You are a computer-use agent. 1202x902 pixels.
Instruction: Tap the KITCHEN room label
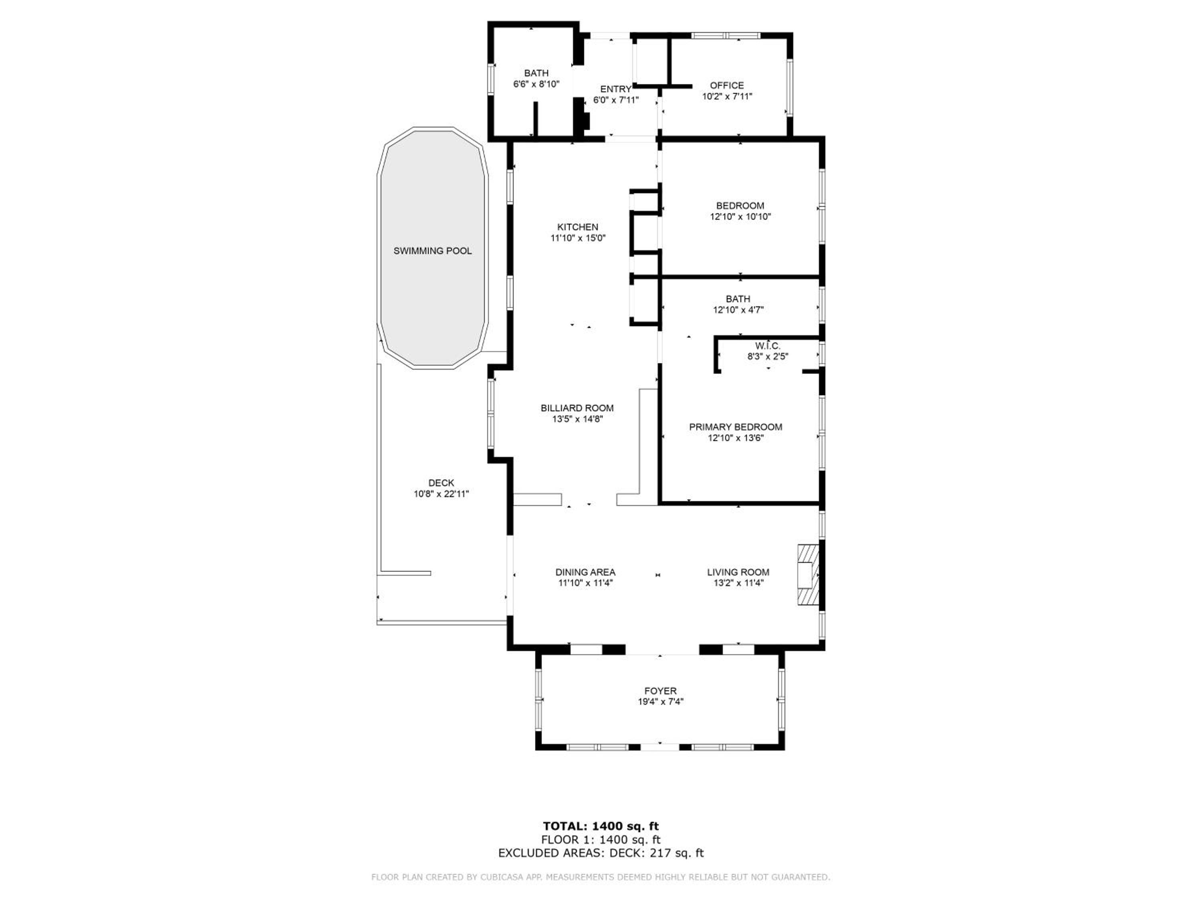(x=578, y=227)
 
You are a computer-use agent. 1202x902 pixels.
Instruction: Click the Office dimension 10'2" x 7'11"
(x=727, y=96)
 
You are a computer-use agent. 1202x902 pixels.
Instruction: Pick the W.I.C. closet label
(x=768, y=346)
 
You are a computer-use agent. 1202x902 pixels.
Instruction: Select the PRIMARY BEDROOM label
(x=736, y=427)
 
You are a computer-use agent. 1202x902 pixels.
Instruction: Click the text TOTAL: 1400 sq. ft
(x=601, y=826)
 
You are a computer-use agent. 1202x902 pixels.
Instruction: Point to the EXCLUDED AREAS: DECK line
(x=601, y=853)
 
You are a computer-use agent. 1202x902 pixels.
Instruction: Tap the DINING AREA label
(x=585, y=572)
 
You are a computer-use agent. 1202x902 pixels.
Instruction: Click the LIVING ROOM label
(x=738, y=572)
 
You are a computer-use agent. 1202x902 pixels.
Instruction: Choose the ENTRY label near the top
(x=616, y=89)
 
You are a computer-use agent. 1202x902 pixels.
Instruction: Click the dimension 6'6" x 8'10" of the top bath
(x=536, y=84)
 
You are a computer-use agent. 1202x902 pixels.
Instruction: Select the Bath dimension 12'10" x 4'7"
(x=738, y=310)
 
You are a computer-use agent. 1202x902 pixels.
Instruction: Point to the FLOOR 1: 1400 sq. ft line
(x=601, y=840)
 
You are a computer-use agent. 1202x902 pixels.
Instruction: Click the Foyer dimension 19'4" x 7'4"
(x=661, y=702)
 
